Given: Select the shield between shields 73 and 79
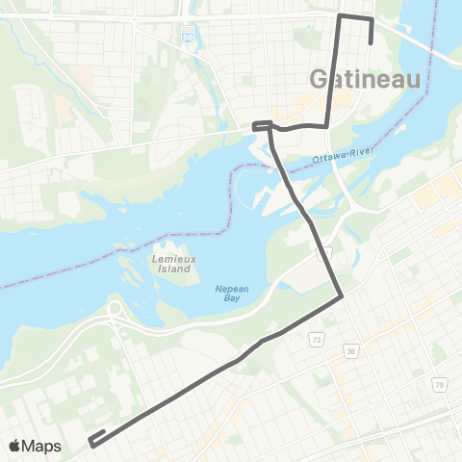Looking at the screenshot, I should click(x=353, y=352).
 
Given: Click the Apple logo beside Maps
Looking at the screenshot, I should click(x=16, y=446).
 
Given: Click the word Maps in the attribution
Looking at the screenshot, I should click(x=43, y=446).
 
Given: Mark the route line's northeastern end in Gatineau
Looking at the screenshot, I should click(x=372, y=42).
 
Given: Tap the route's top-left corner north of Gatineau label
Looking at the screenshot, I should click(x=340, y=15).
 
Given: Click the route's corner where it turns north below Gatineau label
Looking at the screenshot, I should click(x=328, y=123).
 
